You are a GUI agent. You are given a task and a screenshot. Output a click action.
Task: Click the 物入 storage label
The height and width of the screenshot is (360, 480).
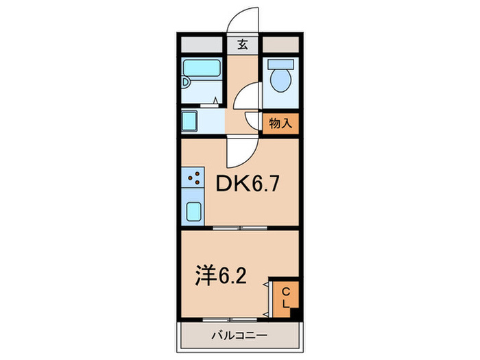pos(281,124)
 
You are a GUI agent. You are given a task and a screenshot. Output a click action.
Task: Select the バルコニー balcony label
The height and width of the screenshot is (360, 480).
pos(239,335)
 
